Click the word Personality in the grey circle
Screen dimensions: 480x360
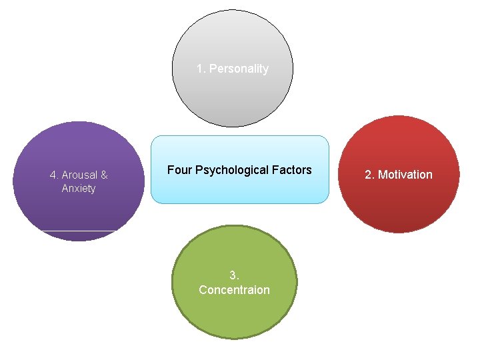(239, 69)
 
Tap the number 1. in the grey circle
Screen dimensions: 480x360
(201, 69)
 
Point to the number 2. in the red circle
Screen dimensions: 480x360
(369, 175)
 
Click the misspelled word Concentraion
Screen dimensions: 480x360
(234, 290)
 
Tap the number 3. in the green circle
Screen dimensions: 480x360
(234, 275)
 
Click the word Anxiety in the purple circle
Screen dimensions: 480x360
(79, 189)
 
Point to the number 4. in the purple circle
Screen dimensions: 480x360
(54, 175)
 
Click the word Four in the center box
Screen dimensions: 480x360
(179, 170)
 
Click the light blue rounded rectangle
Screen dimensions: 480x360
(239, 190)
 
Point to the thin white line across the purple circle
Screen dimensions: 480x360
(79, 231)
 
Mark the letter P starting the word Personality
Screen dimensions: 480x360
(213, 69)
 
